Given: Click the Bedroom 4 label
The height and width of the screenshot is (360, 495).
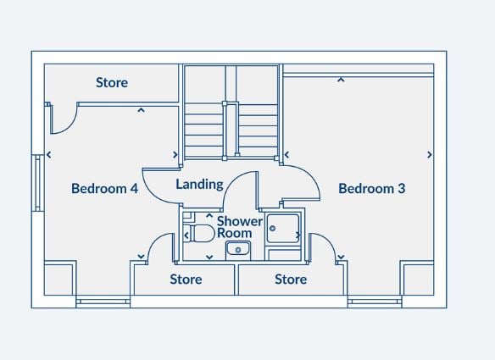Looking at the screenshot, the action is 104,189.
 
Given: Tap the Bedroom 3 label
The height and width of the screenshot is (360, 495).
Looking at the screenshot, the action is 371,189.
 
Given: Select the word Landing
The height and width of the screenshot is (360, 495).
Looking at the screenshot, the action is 199,185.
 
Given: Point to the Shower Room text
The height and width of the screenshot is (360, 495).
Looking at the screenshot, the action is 240,227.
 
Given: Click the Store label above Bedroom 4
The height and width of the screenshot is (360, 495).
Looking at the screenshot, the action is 112,83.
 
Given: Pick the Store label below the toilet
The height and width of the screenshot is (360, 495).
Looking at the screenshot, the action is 186,280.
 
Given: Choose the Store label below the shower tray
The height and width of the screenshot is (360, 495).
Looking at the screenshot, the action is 291,280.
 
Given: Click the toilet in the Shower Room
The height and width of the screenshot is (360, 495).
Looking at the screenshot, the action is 199,234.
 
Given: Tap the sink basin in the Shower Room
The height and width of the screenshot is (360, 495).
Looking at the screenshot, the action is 238,249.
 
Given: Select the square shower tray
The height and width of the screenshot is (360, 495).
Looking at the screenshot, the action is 283,228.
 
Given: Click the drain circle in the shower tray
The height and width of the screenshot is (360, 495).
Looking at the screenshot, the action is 272,228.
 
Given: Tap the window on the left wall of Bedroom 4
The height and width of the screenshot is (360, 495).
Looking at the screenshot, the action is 38,183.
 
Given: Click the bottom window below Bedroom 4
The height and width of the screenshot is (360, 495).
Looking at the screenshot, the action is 103,302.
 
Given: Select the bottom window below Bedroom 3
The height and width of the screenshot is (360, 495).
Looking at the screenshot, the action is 375,302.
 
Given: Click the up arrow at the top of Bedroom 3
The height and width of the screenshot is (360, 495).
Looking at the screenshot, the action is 341,80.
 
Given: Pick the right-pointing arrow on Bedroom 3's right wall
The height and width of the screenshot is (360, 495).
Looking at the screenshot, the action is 430,155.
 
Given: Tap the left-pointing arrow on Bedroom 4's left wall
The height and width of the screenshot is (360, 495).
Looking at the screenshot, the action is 49,155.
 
